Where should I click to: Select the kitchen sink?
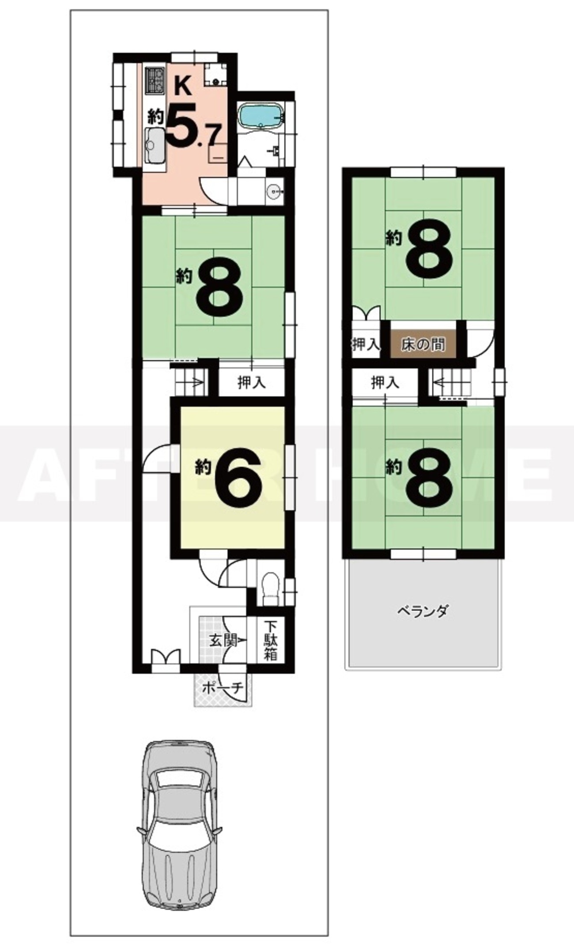point(154,146)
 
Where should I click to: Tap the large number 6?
point(238,479)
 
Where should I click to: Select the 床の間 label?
point(423,344)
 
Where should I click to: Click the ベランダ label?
point(423,612)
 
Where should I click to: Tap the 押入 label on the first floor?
point(252,383)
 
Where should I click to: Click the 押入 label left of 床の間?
point(366,344)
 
